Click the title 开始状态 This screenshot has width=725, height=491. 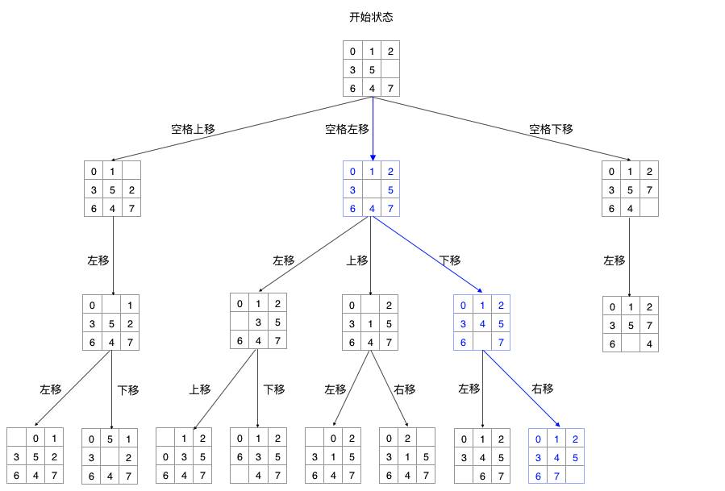click(x=371, y=17)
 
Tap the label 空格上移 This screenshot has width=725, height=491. click(x=193, y=129)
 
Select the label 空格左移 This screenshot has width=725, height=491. click(x=347, y=129)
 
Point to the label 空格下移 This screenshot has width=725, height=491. click(x=551, y=129)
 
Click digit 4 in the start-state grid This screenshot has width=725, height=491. click(x=372, y=88)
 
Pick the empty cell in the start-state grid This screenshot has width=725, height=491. click(x=390, y=70)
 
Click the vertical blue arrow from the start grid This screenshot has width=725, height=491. click(x=372, y=129)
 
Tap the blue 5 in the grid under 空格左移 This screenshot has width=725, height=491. click(x=390, y=190)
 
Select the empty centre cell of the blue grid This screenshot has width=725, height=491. click(x=372, y=190)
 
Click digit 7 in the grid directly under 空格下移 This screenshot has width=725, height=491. click(x=648, y=190)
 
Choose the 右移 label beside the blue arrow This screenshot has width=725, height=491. click(x=543, y=389)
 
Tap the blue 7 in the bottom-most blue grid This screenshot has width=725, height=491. click(x=556, y=475)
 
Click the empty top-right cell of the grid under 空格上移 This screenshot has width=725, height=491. click(x=131, y=171)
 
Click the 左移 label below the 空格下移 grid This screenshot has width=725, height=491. click(x=615, y=260)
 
